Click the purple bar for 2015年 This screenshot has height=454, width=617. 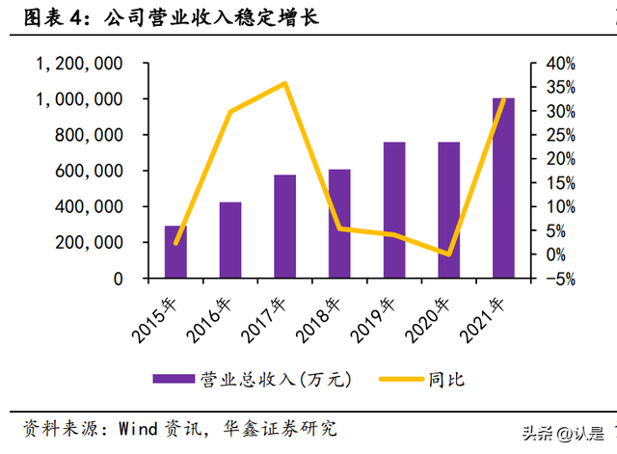point(175,253)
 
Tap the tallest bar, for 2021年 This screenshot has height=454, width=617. point(503,188)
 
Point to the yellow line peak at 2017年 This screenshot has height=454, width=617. point(284,83)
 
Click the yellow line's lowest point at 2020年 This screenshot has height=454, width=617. point(448,254)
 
